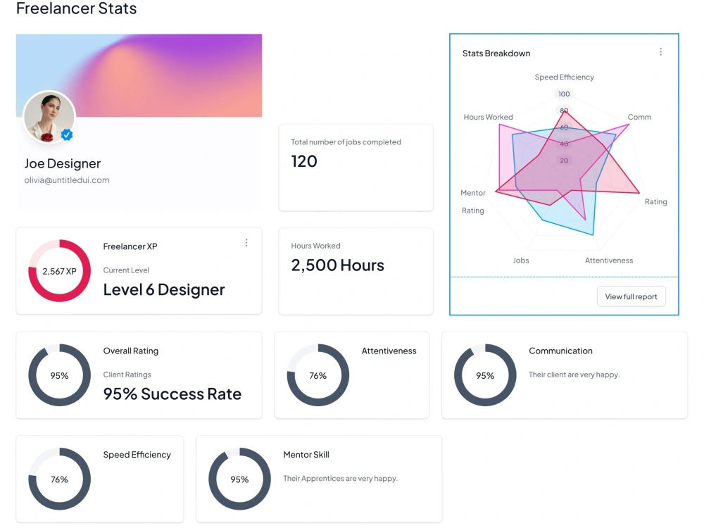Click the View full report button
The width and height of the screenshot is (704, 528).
tap(631, 296)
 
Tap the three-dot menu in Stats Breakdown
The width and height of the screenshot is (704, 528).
tap(660, 51)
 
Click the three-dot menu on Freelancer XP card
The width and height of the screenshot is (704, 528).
tap(246, 243)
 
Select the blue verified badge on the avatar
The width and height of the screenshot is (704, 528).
tap(67, 134)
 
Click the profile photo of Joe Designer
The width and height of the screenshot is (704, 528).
tap(49, 117)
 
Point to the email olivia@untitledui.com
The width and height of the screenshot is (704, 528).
tap(67, 180)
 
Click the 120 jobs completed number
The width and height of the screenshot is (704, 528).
tap(304, 161)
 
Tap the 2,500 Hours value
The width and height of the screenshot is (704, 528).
tap(338, 265)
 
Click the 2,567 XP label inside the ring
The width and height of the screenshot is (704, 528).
tap(59, 271)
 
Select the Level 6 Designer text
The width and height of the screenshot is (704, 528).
tap(164, 289)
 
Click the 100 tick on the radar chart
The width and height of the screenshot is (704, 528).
tap(564, 94)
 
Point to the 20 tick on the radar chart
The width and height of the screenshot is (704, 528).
tap(564, 161)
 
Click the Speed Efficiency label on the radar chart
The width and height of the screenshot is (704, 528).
tap(565, 77)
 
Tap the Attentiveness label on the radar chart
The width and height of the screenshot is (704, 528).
tap(609, 260)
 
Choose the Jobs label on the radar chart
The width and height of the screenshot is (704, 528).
tap(521, 260)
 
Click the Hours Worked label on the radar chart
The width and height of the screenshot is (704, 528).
tap(488, 117)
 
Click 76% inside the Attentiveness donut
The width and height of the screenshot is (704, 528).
tap(318, 375)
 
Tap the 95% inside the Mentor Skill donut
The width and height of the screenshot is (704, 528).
tap(239, 479)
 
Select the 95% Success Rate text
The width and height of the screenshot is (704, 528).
tap(172, 394)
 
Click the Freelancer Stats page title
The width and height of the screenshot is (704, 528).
tap(76, 8)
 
